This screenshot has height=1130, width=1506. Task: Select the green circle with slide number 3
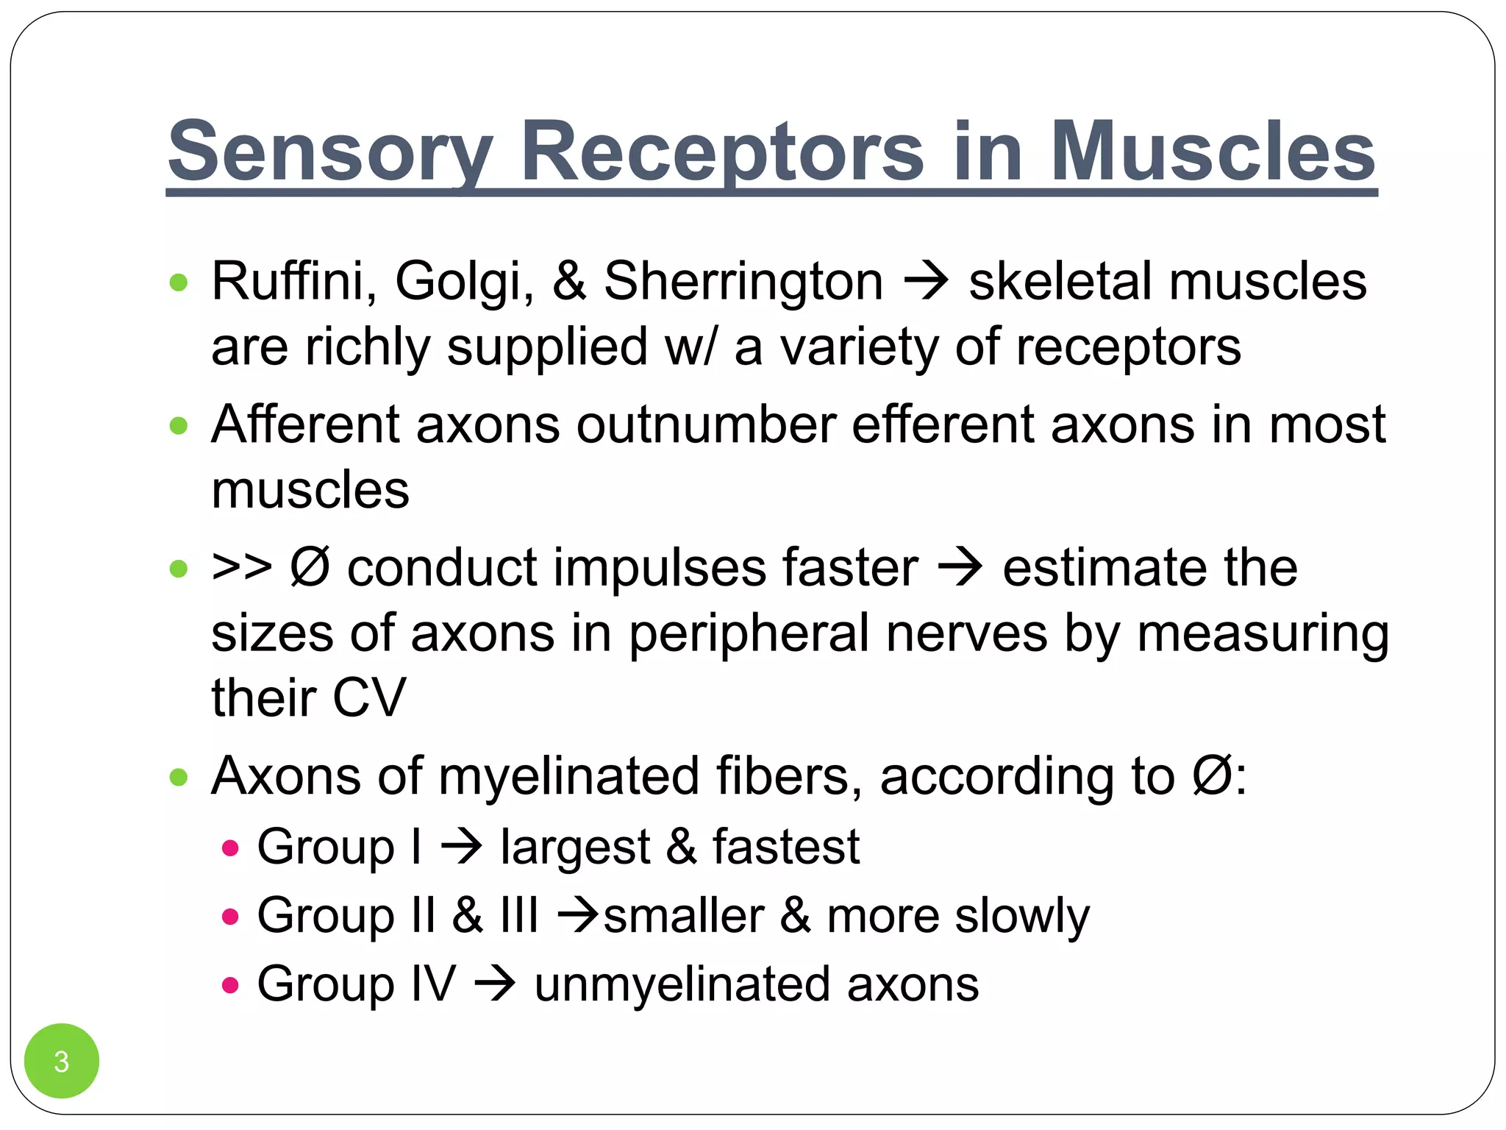coord(62,1061)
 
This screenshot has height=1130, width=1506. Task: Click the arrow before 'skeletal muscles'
coord(926,282)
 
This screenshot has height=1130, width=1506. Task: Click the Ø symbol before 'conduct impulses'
coord(309,567)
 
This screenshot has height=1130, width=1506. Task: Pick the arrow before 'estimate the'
coord(960,569)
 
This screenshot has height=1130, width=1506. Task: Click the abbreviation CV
coord(368,697)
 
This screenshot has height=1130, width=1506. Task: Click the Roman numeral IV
coord(433,984)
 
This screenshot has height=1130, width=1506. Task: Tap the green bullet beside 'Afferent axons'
coord(179,426)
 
